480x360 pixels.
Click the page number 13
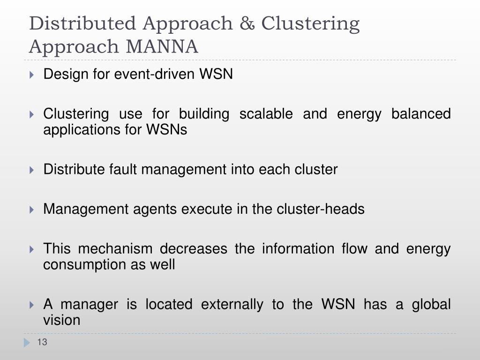pyautogui.click(x=42, y=343)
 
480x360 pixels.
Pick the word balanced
pyautogui.click(x=421, y=114)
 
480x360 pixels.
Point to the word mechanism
pyautogui.click(x=115, y=248)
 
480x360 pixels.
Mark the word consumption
pyautogui.click(x=82, y=265)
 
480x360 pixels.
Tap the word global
pyautogui.click(x=431, y=304)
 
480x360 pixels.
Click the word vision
pyautogui.click(x=62, y=321)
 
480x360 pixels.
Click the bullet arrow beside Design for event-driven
pyautogui.click(x=31, y=75)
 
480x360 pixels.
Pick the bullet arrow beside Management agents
pyautogui.click(x=31, y=210)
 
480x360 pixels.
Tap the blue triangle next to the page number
pyautogui.click(x=26, y=343)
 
